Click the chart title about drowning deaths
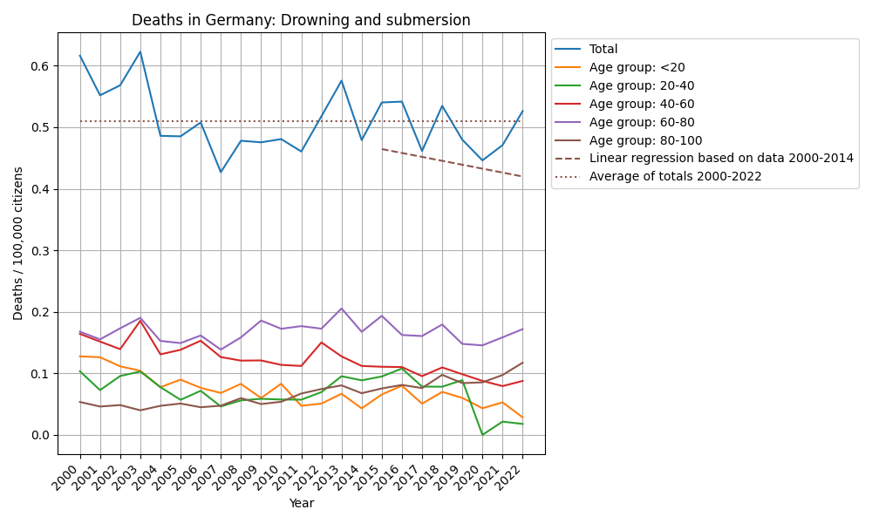(301, 20)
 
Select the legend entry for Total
(603, 50)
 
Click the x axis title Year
(301, 503)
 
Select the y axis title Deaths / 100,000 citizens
(18, 243)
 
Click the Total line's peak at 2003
(140, 52)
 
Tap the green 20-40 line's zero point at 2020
(482, 435)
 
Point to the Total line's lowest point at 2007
(221, 172)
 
